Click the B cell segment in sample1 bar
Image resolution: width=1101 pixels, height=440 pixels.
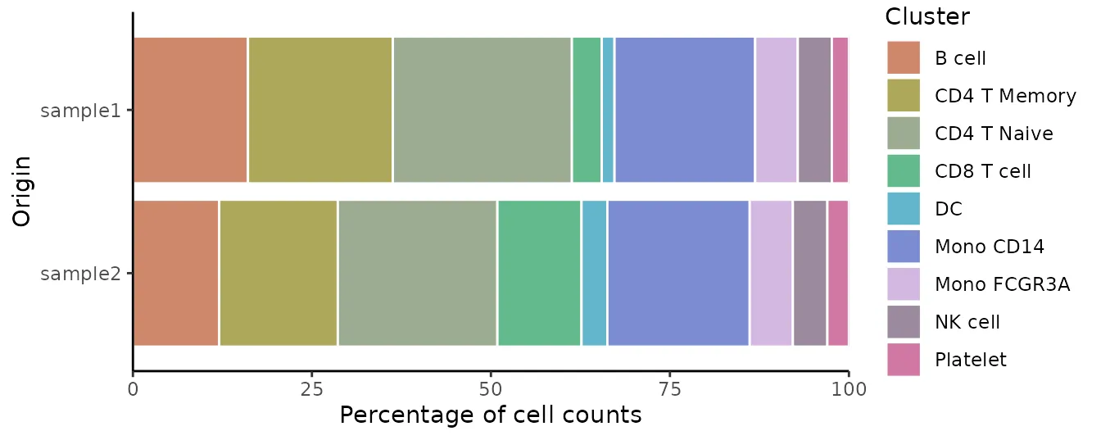click(x=190, y=110)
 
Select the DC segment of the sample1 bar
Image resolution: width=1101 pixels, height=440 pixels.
click(x=608, y=110)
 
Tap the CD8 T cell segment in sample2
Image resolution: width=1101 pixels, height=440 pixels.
click(x=539, y=273)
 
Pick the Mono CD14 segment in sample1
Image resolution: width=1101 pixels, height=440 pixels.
click(x=685, y=110)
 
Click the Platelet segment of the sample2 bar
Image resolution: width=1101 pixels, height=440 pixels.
click(x=838, y=273)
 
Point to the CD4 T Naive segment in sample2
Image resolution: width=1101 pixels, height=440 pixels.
click(x=418, y=273)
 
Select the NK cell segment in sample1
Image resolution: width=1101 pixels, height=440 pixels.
click(x=815, y=110)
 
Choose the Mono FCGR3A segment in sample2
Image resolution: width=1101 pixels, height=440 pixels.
click(x=771, y=273)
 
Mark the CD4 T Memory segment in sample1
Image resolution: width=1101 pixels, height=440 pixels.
click(x=320, y=110)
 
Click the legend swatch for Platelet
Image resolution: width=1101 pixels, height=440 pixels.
click(x=904, y=360)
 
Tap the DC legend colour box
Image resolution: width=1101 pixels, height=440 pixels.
click(x=904, y=209)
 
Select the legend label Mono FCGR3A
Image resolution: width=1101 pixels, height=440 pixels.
click(x=1002, y=284)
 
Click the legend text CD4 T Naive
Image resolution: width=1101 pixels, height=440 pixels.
click(x=994, y=134)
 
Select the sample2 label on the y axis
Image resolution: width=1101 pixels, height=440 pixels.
click(x=80, y=274)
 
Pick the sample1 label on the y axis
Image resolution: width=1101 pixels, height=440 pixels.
click(x=80, y=111)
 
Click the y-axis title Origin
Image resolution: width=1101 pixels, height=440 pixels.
click(x=22, y=191)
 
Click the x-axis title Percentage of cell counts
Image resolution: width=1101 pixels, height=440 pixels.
click(x=490, y=415)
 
